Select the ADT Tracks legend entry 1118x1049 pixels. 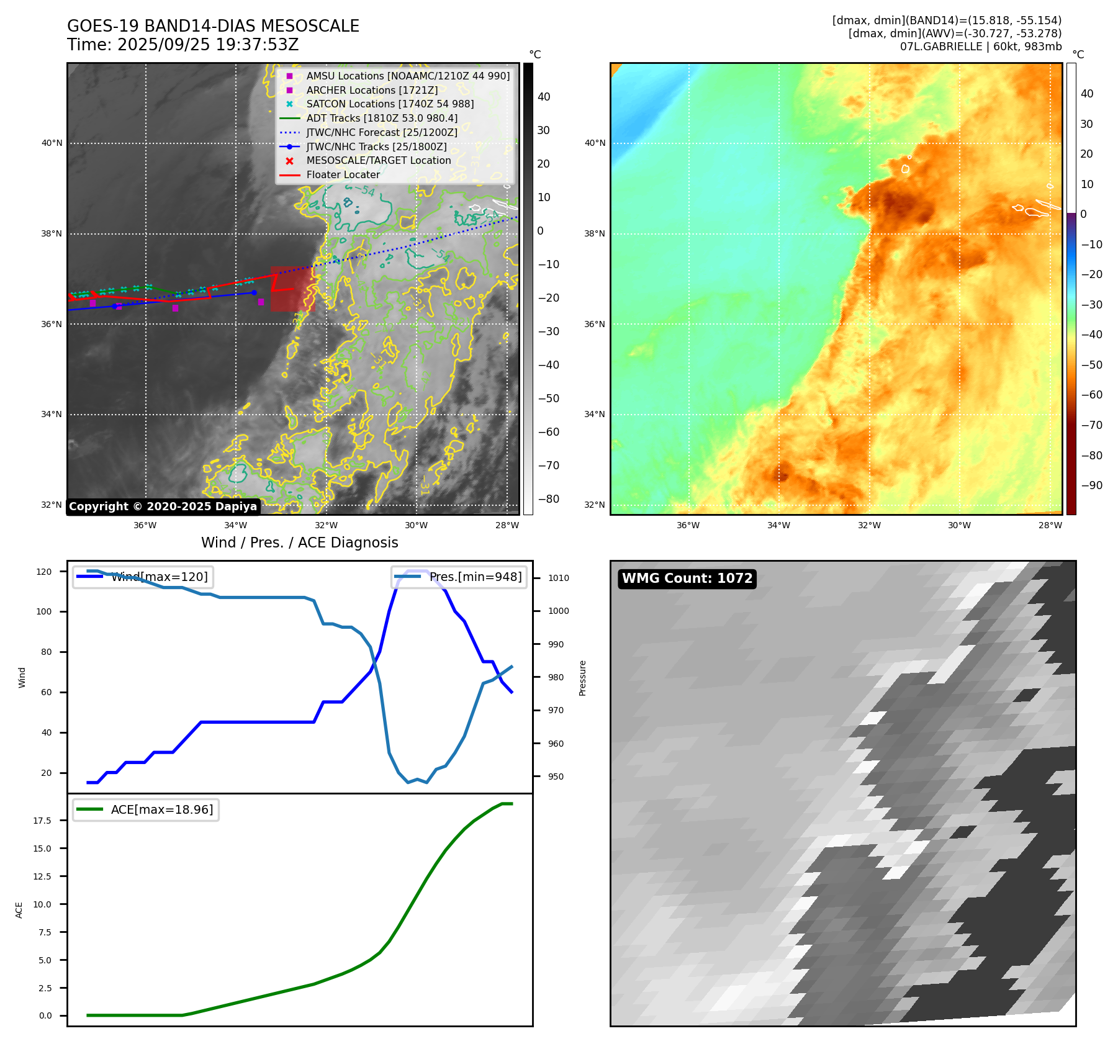381,118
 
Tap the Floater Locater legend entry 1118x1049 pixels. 343,174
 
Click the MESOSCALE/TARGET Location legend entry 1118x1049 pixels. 378,160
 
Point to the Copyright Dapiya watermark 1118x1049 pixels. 163,506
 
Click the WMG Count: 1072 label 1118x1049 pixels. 687,579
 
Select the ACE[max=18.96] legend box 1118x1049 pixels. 147,809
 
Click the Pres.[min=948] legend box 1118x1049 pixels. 459,577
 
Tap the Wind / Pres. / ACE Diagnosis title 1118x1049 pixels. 299,543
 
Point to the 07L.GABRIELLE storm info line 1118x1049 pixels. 980,47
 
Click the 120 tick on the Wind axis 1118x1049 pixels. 44,572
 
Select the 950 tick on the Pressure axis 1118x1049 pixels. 556,777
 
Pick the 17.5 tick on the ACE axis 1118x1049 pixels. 42,821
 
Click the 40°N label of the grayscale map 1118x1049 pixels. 52,143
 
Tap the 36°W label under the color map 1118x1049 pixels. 688,525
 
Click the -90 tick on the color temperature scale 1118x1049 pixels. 1091,485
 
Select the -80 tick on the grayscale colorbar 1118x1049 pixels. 548,499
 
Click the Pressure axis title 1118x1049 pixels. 582,678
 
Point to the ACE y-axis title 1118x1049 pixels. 19,910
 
